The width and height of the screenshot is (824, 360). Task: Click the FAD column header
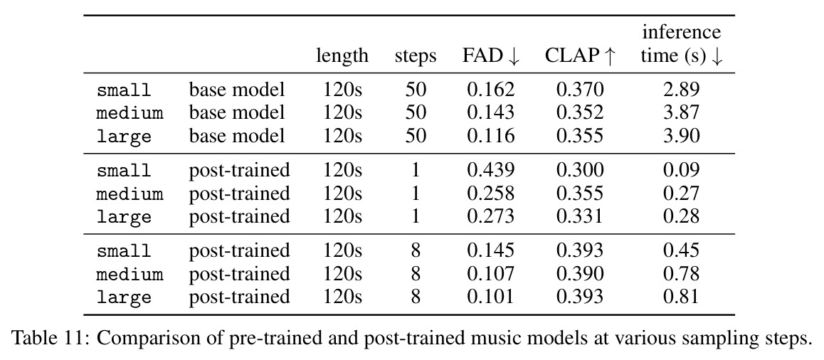click(x=491, y=55)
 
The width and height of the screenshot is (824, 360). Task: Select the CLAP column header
click(x=580, y=55)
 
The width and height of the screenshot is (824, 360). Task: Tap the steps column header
click(x=416, y=56)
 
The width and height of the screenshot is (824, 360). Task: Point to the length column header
click(x=342, y=55)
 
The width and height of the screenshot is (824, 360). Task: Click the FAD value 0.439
click(x=491, y=170)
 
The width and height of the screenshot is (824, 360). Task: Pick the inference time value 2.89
click(x=682, y=89)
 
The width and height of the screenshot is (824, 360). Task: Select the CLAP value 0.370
click(x=580, y=89)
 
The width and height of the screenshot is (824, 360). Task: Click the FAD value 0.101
click(x=491, y=297)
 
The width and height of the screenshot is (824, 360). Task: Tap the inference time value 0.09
click(x=682, y=170)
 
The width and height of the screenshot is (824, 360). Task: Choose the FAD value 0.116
click(x=491, y=136)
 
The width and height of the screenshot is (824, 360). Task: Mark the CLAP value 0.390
click(x=580, y=273)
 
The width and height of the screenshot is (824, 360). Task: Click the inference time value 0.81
click(x=682, y=297)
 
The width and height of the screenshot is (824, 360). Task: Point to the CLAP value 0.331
click(x=580, y=216)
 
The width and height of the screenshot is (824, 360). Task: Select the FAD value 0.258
click(x=491, y=193)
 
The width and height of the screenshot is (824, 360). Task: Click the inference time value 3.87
click(x=682, y=112)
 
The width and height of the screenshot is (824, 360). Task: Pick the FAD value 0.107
click(x=491, y=273)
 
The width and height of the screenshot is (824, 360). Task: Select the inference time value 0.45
click(x=682, y=250)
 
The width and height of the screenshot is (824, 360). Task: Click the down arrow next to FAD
click(x=514, y=57)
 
